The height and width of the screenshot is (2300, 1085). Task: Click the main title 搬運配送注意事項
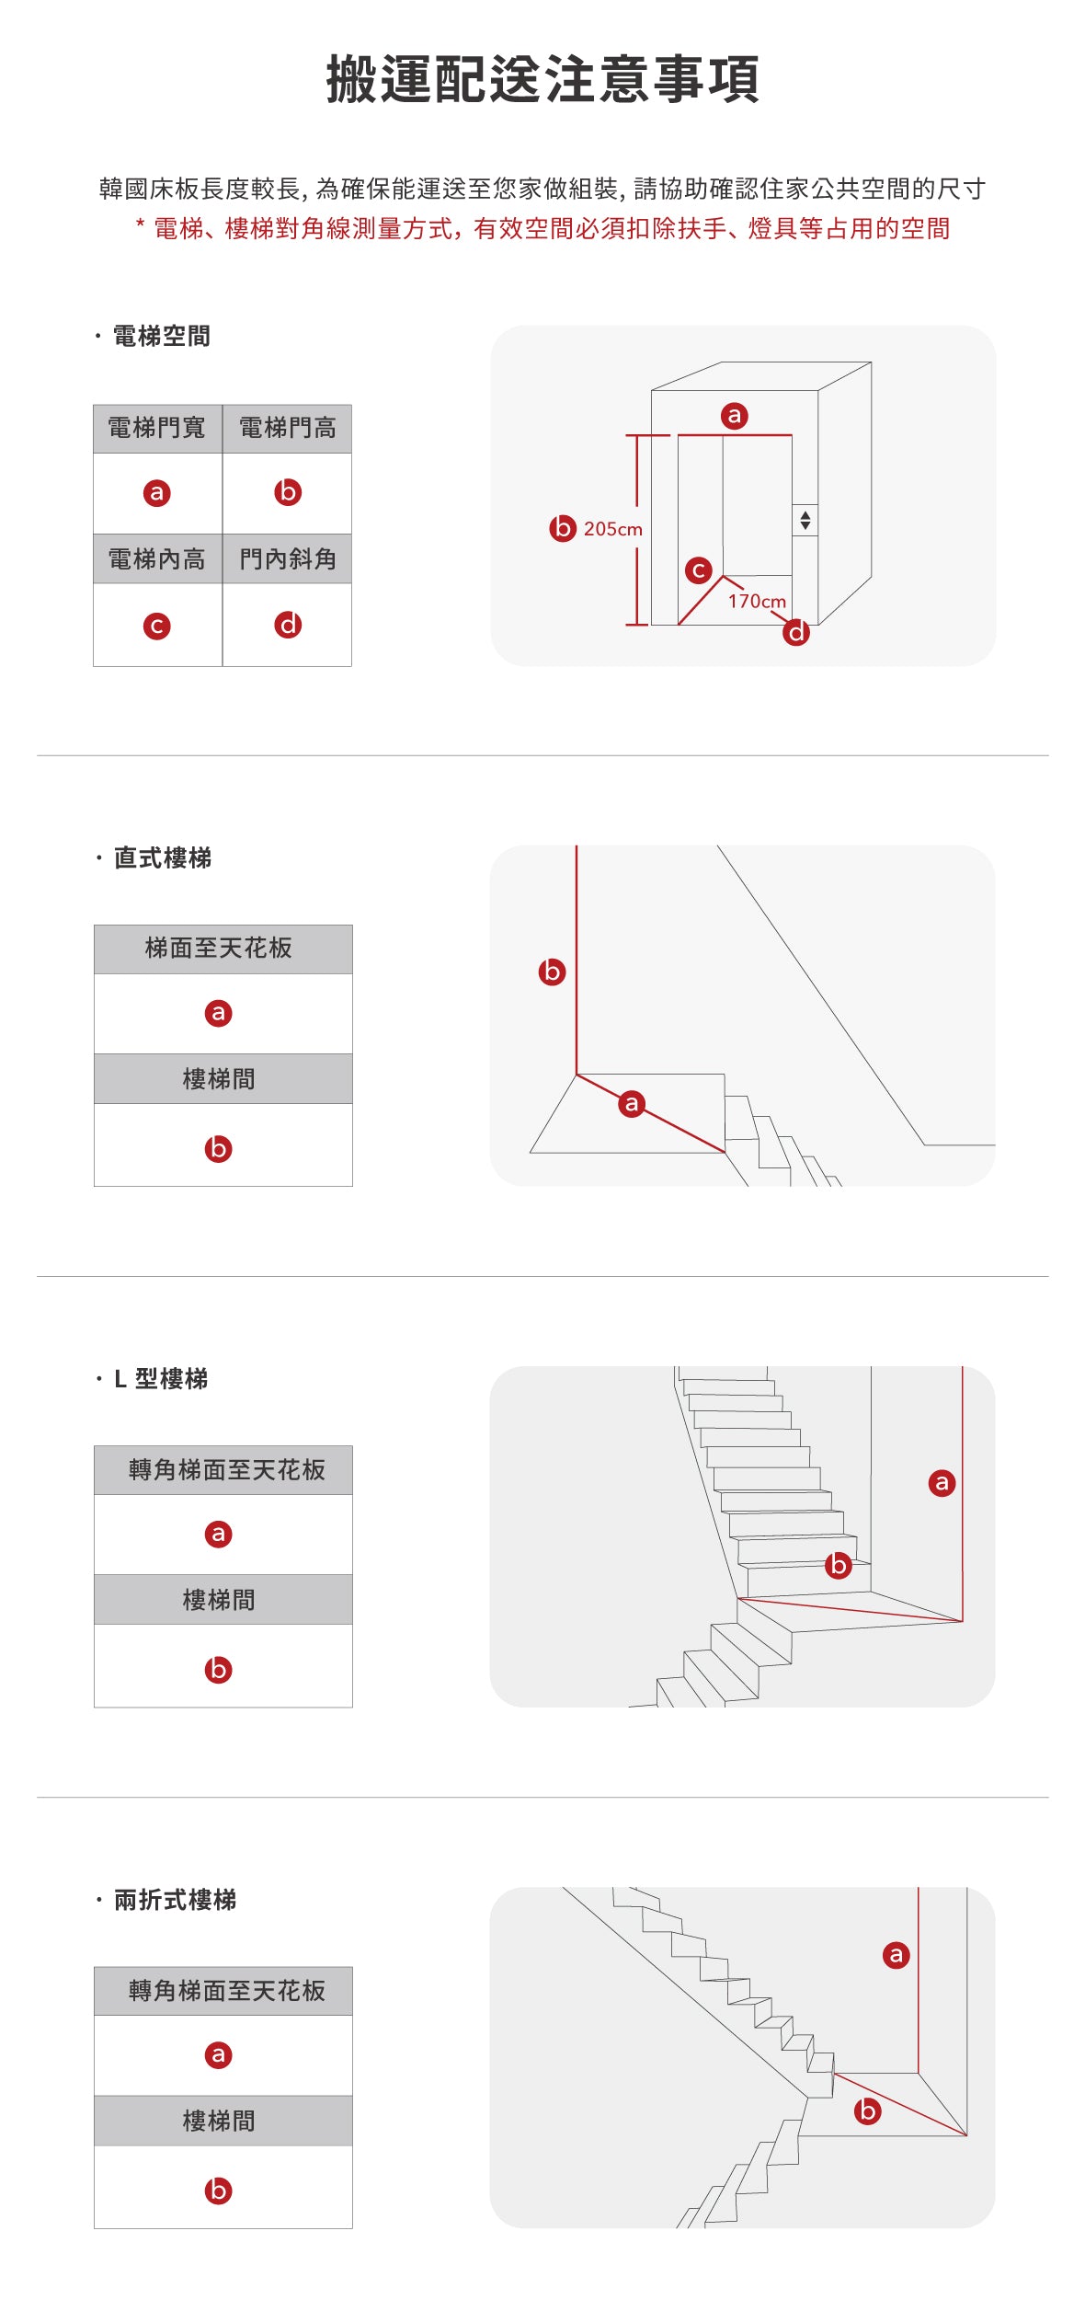[x=542, y=79]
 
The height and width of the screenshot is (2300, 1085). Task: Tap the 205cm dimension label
[x=612, y=529]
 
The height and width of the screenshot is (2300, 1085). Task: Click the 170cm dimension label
[x=757, y=601]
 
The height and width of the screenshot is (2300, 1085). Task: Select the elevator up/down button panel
[x=805, y=520]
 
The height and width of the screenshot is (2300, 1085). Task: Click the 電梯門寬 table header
[x=157, y=428]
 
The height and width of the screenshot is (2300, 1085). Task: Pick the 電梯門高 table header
[x=287, y=428]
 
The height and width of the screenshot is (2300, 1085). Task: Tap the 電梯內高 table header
[x=157, y=558]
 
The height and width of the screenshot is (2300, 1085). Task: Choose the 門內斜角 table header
[x=287, y=558]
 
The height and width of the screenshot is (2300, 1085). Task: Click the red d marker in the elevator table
[x=288, y=626]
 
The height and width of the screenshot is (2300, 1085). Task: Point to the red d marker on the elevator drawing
[x=796, y=632]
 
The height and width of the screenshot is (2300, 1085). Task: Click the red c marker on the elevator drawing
[x=699, y=570]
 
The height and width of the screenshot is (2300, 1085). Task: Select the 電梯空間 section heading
[x=161, y=337]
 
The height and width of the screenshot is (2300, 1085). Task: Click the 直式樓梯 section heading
[x=163, y=857]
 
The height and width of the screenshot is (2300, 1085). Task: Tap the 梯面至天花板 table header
[x=219, y=949]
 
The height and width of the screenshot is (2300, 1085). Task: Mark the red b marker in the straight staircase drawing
[x=552, y=972]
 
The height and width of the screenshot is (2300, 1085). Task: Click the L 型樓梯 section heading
[x=161, y=1379]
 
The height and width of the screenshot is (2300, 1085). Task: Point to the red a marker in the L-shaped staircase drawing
[x=942, y=1483]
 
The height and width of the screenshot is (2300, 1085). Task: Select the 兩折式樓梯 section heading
[x=175, y=1900]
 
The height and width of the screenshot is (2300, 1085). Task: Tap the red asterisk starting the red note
[x=140, y=224]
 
